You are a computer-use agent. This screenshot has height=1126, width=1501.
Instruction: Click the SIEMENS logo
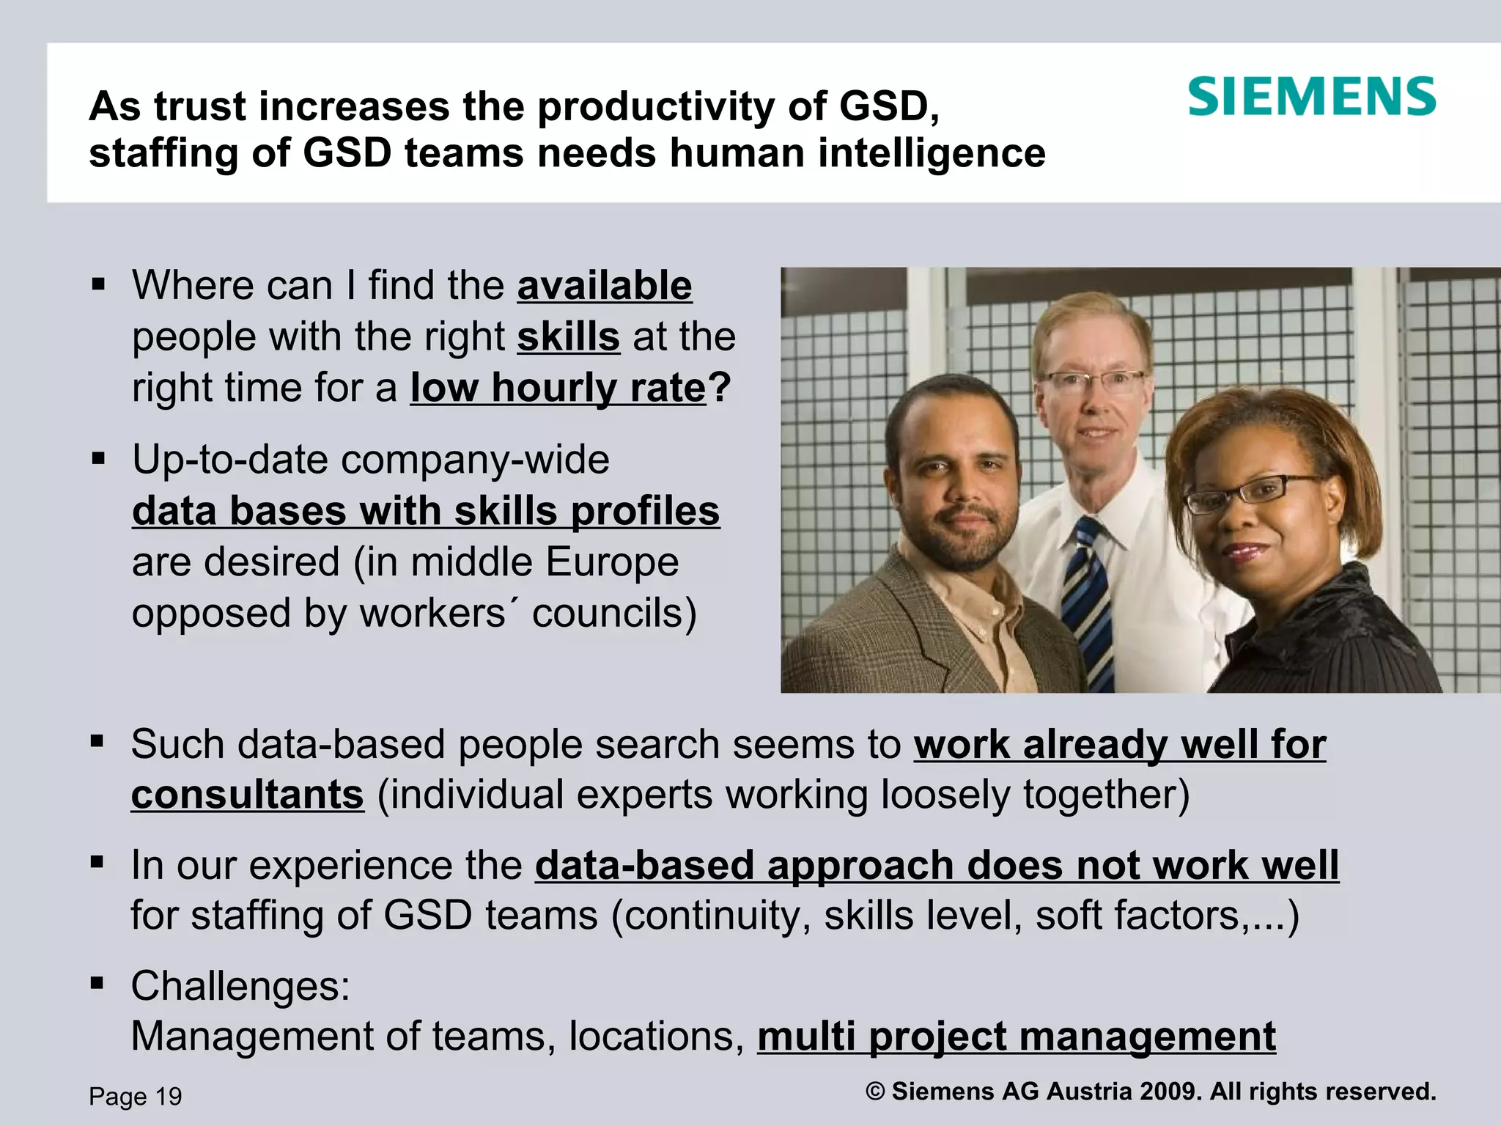(x=1311, y=97)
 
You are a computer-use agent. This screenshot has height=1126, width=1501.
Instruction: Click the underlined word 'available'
(x=605, y=285)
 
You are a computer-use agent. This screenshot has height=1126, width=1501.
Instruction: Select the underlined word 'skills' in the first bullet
(x=569, y=337)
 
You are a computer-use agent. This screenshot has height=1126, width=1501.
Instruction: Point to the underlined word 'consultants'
(x=248, y=795)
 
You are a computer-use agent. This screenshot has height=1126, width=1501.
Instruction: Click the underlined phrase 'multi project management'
(x=1017, y=1037)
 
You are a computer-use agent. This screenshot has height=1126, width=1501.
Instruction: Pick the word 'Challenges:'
(x=241, y=986)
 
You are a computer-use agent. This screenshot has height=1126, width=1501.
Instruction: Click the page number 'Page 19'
(x=136, y=1096)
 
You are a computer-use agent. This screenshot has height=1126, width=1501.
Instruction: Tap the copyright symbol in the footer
(x=875, y=1091)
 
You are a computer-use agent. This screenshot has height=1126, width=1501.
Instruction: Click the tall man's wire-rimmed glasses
(x=1092, y=380)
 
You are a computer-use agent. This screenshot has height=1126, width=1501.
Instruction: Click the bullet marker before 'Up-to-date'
(x=99, y=460)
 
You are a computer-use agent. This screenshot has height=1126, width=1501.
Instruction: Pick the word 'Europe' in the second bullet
(x=612, y=562)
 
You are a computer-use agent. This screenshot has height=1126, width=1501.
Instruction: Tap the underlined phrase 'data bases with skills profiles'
(x=426, y=511)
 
